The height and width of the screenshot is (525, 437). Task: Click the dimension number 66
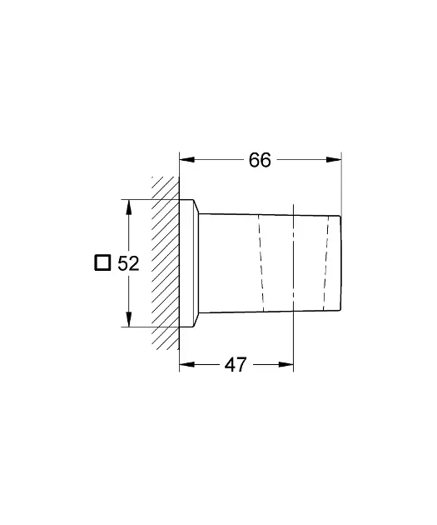tap(260, 160)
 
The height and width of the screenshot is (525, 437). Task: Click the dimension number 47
tap(236, 365)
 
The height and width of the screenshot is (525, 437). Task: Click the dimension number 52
tap(128, 263)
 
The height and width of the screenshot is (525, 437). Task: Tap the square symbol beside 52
tap(102, 262)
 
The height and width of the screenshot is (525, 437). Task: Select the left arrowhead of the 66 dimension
tap(187, 160)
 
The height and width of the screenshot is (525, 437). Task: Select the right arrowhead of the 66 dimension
tap(334, 160)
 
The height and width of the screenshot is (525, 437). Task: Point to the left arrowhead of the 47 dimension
tap(187, 364)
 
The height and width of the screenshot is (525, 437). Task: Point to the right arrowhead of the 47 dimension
tap(286, 364)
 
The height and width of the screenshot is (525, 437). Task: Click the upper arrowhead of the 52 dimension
tap(129, 207)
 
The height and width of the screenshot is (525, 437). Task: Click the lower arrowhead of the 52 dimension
tap(129, 319)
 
